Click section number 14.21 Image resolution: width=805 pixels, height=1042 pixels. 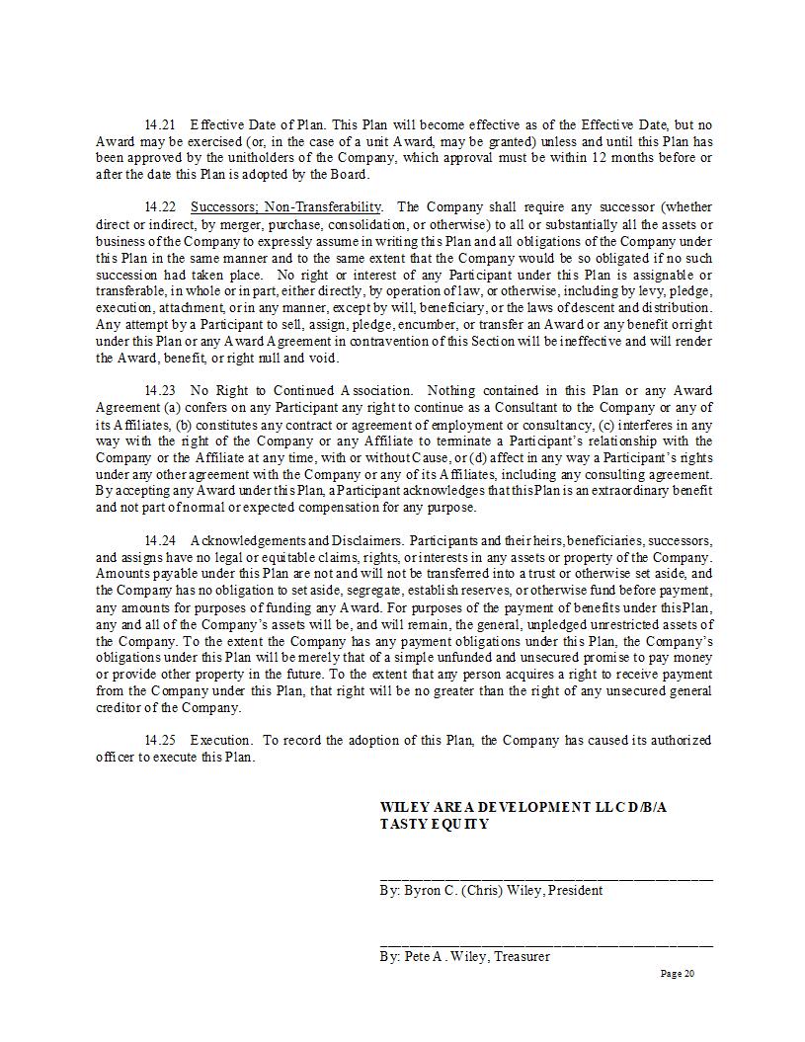159,125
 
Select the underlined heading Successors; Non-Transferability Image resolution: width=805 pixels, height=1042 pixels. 285,207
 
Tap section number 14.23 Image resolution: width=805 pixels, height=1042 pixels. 159,391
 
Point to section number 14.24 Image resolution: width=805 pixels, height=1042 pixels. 159,541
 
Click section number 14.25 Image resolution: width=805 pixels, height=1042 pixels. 159,741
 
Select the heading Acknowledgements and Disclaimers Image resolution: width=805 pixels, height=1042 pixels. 295,541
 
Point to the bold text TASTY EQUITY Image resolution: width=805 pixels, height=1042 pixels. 434,825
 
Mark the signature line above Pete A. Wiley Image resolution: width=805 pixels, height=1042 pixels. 546,944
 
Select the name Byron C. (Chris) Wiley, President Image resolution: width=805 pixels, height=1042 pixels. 491,891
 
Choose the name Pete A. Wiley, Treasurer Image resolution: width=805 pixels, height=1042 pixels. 464,957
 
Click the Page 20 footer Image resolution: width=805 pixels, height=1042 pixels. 678,975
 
